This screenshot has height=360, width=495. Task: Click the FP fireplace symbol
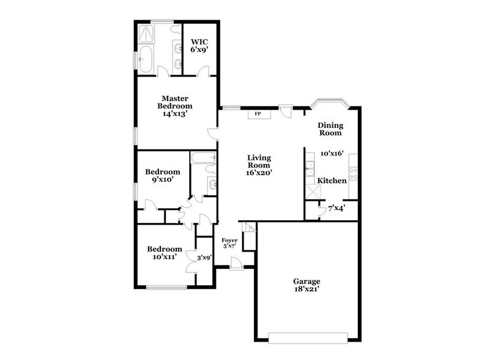pyautogui.click(x=258, y=114)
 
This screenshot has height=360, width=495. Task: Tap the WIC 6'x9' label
pyautogui.click(x=199, y=47)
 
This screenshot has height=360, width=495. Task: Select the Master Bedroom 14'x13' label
pyautogui.click(x=174, y=105)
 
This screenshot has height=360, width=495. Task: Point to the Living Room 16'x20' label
pyautogui.click(x=259, y=165)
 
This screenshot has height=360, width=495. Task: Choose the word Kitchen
pyautogui.click(x=332, y=181)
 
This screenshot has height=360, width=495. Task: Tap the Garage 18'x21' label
pyautogui.click(x=305, y=285)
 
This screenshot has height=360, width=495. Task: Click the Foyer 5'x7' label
pyautogui.click(x=229, y=243)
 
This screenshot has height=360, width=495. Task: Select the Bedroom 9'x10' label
pyautogui.click(x=162, y=176)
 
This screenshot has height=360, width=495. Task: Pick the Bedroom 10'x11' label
pyautogui.click(x=165, y=253)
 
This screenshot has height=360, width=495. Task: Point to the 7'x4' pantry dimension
pyautogui.click(x=337, y=209)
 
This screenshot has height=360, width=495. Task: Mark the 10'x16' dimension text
pyautogui.click(x=332, y=154)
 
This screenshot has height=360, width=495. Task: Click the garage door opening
pyautogui.click(x=308, y=335)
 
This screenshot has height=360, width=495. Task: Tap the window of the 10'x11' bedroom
pyautogui.click(x=166, y=287)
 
